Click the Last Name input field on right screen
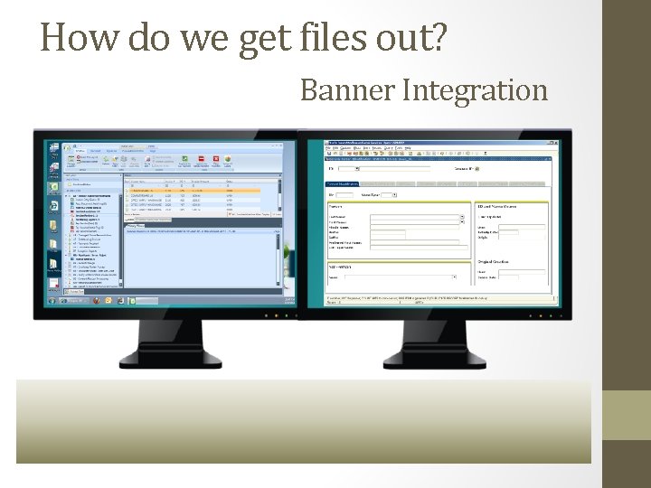416,218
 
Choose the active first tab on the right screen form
343,183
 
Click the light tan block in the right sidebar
627,415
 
